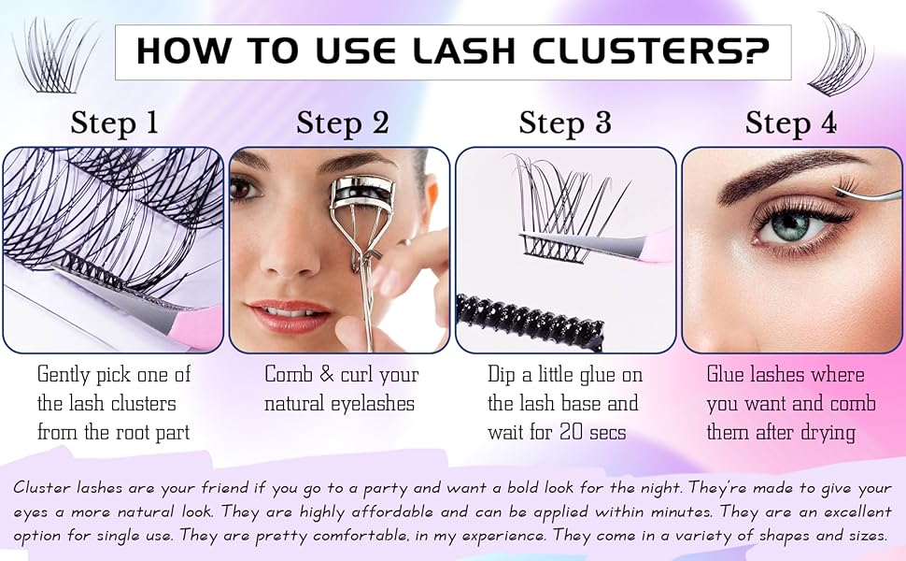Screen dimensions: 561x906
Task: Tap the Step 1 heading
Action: [x=114, y=122]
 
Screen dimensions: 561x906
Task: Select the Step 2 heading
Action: [x=342, y=122]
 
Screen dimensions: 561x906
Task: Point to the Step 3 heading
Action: [x=565, y=122]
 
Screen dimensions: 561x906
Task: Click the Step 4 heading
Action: [x=791, y=122]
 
